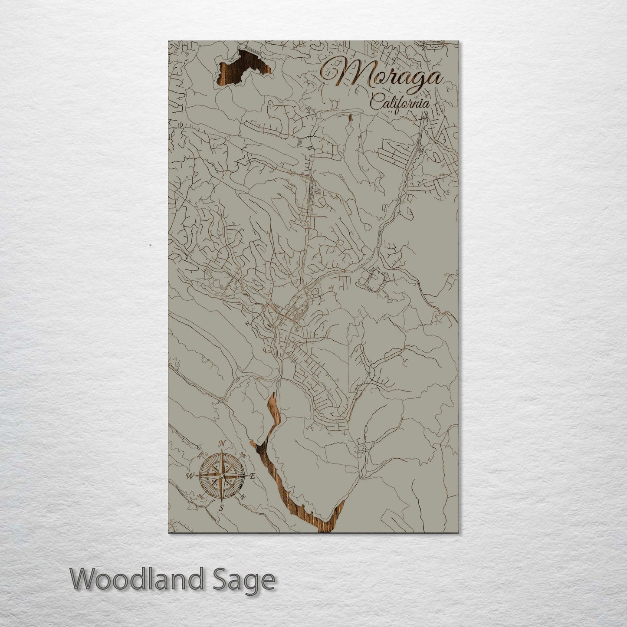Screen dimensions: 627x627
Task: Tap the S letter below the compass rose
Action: tap(221, 508)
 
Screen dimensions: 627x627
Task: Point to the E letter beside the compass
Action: tap(253, 476)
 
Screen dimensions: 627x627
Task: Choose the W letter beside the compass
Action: tap(190, 476)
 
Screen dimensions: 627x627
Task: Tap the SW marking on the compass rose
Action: tap(200, 496)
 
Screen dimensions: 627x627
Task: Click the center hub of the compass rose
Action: tap(221, 476)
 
